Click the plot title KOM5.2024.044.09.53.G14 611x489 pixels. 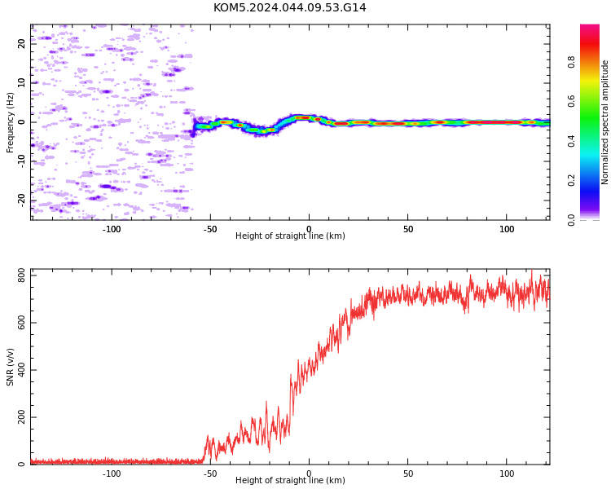[289, 8]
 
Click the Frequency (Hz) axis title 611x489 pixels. [10, 122]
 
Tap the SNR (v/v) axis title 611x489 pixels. [10, 367]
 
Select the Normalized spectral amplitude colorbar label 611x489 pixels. [604, 122]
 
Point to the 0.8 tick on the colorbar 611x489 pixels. [571, 62]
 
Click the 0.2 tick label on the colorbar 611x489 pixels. [571, 180]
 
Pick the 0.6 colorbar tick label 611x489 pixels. [571, 101]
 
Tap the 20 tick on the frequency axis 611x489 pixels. [22, 43]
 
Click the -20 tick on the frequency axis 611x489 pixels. [22, 201]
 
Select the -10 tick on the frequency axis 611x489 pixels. [22, 161]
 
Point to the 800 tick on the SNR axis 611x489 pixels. [22, 275]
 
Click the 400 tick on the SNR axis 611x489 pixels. [22, 370]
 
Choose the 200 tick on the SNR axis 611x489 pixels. [22, 417]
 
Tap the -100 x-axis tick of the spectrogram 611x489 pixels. [112, 229]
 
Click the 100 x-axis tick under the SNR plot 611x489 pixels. [507, 474]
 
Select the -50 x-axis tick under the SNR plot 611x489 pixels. [210, 474]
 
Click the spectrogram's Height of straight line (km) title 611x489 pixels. [290, 236]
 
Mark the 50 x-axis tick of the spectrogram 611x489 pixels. [408, 229]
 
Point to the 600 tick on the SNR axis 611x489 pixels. [22, 323]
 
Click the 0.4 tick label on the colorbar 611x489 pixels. [571, 141]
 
